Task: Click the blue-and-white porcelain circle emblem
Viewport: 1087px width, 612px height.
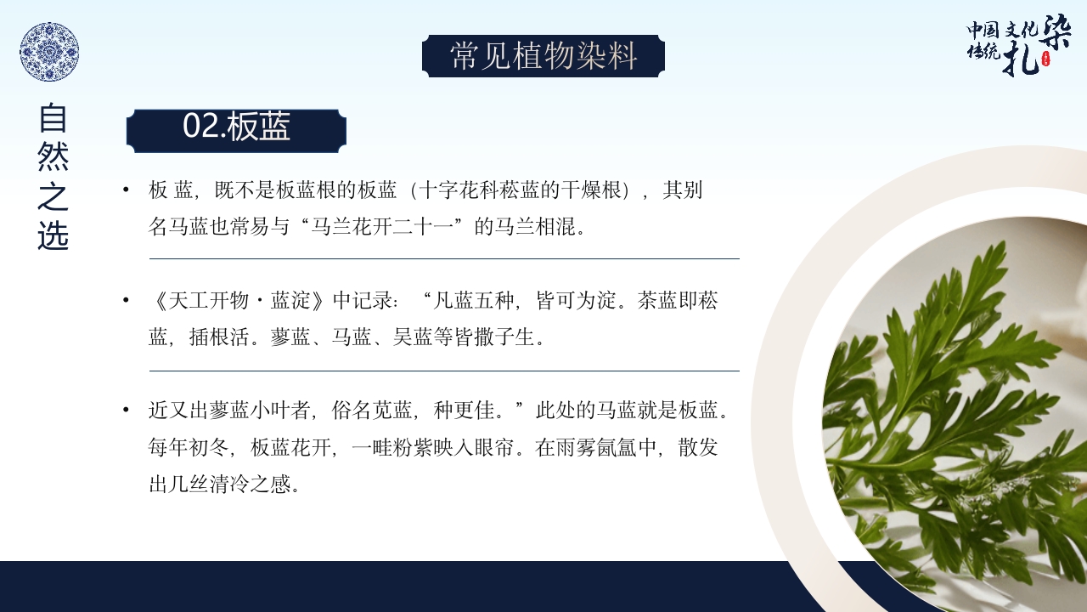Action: pyautogui.click(x=49, y=52)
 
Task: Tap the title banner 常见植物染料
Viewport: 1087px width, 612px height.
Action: pyautogui.click(x=543, y=56)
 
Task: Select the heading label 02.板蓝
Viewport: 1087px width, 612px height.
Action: pyautogui.click(x=236, y=127)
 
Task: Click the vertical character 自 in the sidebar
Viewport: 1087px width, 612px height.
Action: pyautogui.click(x=53, y=119)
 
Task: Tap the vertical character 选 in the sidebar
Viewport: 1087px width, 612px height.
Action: pyautogui.click(x=53, y=235)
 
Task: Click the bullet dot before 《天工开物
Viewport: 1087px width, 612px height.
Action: pyautogui.click(x=127, y=301)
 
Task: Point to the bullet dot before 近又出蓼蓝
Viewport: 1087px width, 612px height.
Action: pyautogui.click(x=127, y=411)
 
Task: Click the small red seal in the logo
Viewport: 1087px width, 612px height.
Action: pyautogui.click(x=1045, y=59)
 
